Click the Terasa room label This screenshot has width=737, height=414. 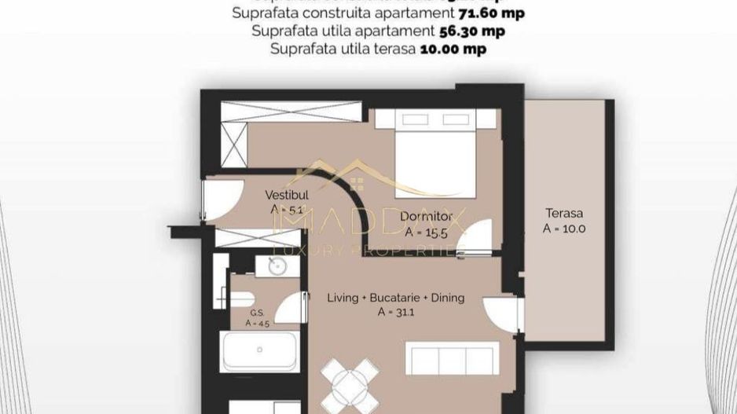tap(565, 213)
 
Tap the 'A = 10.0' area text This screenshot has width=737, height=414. tap(565, 229)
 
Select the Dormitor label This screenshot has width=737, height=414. tap(426, 216)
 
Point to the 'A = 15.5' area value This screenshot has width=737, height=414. tap(425, 232)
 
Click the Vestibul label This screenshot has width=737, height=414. tap(286, 194)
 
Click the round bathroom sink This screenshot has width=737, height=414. tap(277, 266)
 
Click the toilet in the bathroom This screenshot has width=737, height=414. tap(240, 298)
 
